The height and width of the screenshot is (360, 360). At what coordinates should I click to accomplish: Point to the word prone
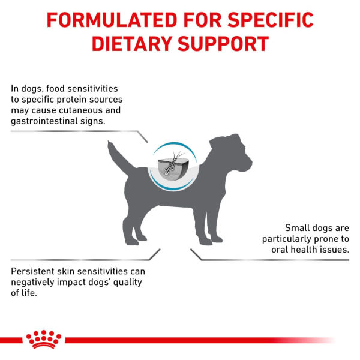(x=322, y=239)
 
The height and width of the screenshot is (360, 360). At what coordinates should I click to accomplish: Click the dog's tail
(x=118, y=156)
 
